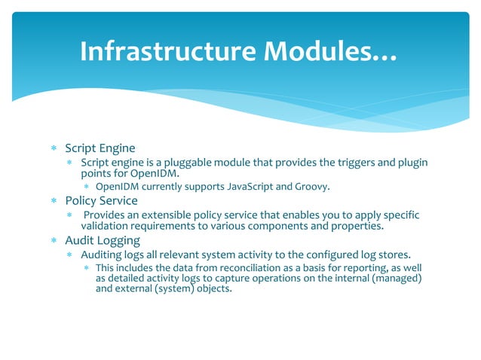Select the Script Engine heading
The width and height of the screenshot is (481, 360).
click(x=100, y=148)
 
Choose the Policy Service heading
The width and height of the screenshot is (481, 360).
click(x=101, y=201)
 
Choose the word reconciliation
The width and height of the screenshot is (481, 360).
click(x=235, y=268)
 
